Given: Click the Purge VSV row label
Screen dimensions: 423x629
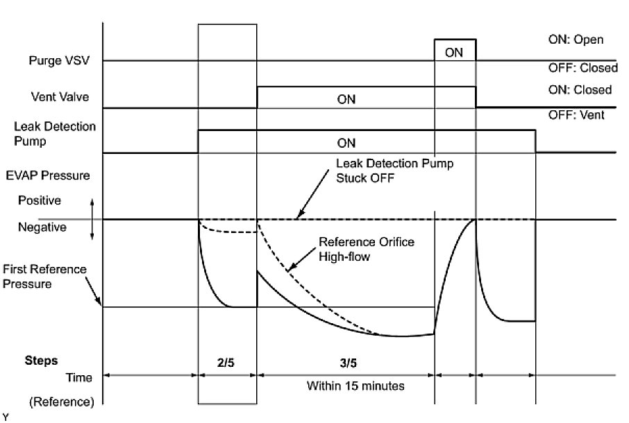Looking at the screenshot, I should (59, 61).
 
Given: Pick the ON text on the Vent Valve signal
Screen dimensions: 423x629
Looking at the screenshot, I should (346, 99).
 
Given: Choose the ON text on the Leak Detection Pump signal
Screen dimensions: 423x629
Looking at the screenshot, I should (346, 144).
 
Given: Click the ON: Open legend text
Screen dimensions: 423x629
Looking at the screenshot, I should (576, 40).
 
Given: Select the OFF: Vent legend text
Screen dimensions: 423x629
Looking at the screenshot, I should (576, 115).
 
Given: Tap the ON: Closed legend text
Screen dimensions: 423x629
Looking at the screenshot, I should (580, 89).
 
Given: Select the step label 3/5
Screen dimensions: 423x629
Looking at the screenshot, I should (346, 361).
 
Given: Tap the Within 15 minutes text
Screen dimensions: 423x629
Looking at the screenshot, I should (355, 385).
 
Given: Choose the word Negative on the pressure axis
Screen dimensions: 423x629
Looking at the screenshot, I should (42, 227).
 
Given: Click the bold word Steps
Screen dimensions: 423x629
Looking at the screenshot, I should (41, 361).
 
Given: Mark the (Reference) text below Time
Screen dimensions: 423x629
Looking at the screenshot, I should (52, 402).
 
